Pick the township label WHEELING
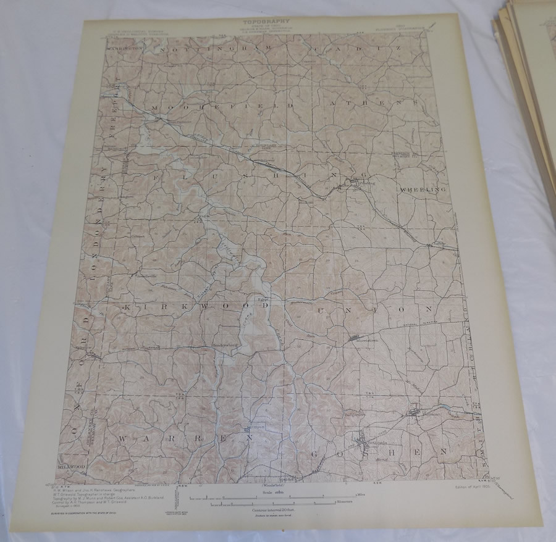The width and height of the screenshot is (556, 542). [x=423, y=190]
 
